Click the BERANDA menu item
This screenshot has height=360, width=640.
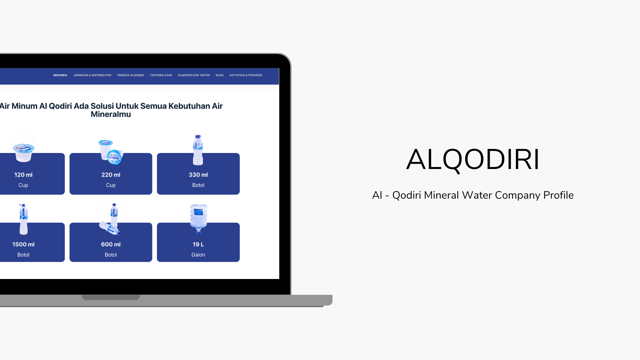[x=60, y=75]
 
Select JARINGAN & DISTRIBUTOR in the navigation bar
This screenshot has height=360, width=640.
[x=92, y=75]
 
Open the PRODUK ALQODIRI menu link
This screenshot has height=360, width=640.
[x=131, y=75]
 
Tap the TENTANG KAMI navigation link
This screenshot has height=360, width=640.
[x=161, y=75]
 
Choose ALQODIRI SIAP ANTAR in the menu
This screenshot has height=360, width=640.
[x=194, y=75]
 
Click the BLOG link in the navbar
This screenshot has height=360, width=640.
[x=220, y=75]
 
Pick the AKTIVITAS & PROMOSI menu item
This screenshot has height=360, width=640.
[x=246, y=75]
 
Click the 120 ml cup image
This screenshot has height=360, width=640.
[x=23, y=153]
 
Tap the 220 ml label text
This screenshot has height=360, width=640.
[x=111, y=175]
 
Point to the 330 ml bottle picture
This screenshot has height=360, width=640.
[x=198, y=150]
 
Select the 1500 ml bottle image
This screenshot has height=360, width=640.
[x=23, y=219]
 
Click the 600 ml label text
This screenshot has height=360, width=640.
[x=111, y=244]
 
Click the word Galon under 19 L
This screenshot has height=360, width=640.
[x=198, y=255]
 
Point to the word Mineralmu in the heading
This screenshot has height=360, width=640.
[x=111, y=114]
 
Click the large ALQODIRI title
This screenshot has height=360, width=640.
[x=473, y=160]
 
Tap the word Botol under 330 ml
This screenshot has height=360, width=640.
[x=198, y=185]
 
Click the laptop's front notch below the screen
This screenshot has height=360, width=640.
[x=111, y=297]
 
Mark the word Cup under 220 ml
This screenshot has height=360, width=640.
[x=111, y=185]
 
